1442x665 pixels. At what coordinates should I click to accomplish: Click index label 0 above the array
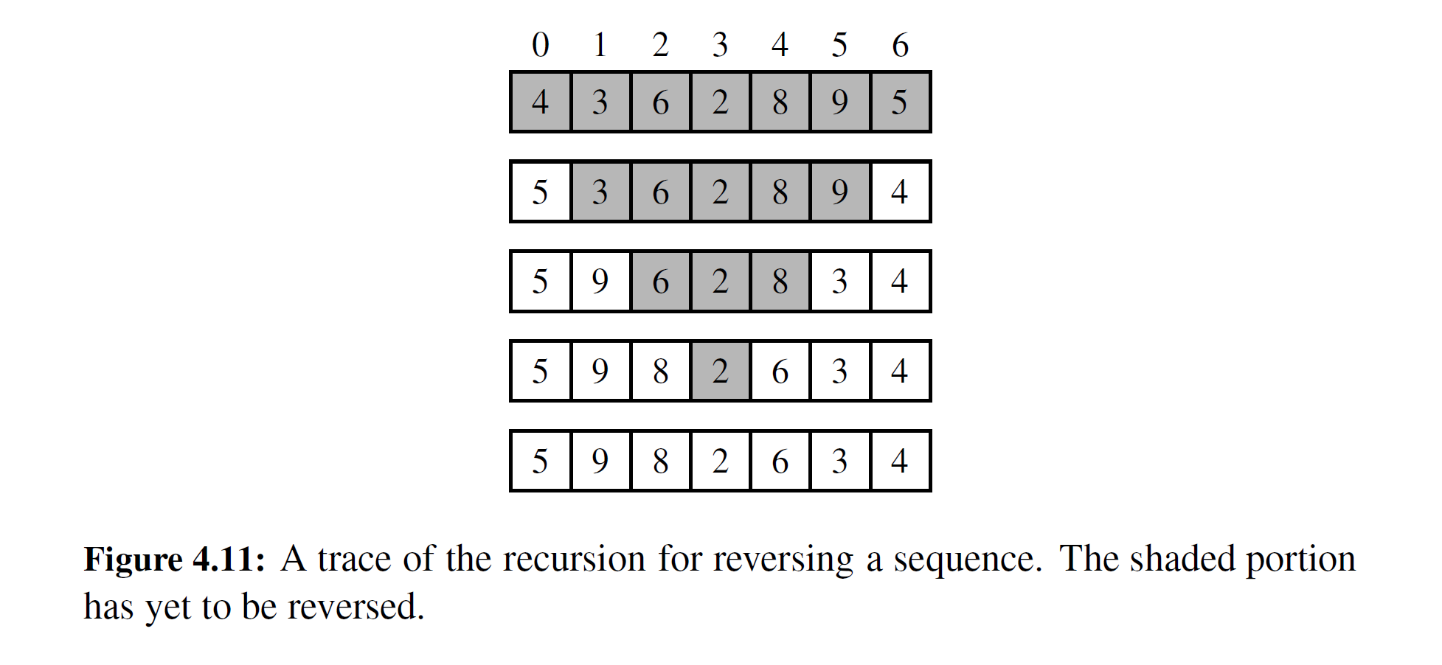541,46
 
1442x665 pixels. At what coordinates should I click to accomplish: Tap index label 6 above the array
900,46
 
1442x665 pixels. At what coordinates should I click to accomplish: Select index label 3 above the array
720,46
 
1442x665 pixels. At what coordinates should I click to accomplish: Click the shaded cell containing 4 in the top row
541,102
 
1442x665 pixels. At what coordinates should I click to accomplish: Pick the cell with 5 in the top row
900,102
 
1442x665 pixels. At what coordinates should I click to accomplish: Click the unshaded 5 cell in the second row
541,192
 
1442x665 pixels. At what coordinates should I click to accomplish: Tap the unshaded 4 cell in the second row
900,192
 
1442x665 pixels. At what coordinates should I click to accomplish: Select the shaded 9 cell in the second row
839,192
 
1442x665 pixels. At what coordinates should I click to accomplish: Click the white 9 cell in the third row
600,282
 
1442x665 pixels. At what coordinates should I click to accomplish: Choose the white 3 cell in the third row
839,282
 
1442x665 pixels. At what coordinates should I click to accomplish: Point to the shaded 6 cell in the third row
660,282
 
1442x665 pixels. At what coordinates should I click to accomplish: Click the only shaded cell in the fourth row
720,371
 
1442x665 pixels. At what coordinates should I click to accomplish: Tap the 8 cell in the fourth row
660,371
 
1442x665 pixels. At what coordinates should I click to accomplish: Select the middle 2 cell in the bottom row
720,461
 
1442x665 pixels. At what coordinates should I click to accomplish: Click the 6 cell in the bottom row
780,461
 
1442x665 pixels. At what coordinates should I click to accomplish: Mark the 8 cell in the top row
780,102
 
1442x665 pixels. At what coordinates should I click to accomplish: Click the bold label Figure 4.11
174,559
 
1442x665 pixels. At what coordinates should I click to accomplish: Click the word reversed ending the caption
355,607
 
